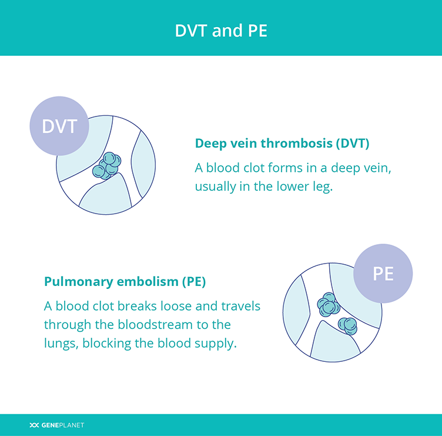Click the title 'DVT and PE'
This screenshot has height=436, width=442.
(x=221, y=31)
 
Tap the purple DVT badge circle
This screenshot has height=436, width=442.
(x=59, y=126)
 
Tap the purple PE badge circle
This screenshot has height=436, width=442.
(x=383, y=274)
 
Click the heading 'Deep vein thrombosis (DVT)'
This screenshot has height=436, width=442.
(x=282, y=144)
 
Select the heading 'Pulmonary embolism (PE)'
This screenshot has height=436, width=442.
(x=125, y=282)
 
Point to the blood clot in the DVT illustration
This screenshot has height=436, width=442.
(x=107, y=166)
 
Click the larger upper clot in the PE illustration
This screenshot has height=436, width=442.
(x=329, y=305)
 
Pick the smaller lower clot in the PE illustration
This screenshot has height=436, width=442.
(x=348, y=326)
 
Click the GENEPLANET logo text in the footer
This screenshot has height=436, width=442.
(x=62, y=425)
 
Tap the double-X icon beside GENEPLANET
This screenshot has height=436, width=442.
(x=34, y=425)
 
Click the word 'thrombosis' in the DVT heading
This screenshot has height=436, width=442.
(x=296, y=144)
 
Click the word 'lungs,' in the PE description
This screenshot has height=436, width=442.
(x=61, y=344)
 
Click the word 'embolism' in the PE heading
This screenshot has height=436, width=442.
(x=148, y=282)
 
